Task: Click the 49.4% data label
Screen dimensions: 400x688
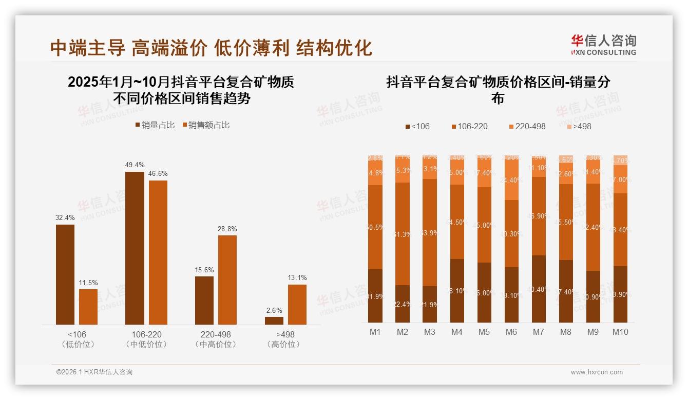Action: pos(135,165)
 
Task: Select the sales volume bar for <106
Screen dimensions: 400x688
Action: pos(65,274)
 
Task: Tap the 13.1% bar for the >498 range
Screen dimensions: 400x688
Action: pos(297,304)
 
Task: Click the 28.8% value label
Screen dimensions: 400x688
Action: pos(227,229)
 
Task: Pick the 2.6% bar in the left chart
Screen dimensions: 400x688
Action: pos(274,321)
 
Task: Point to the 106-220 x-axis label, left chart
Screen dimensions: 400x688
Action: pos(147,334)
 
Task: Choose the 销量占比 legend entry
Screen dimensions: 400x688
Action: pos(155,125)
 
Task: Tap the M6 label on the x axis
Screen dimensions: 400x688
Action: pos(511,332)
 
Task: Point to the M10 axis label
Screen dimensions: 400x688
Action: pos(620,332)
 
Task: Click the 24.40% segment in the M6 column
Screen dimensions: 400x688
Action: pos(511,181)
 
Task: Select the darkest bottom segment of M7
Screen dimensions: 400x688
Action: pos(539,289)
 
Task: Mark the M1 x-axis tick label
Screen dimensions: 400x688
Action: pos(375,332)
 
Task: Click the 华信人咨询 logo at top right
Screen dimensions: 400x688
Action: pos(603,45)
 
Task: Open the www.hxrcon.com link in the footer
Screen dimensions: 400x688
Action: pos(597,372)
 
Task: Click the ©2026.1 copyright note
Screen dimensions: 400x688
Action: pos(94,372)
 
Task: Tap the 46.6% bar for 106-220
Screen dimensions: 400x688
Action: pos(158,252)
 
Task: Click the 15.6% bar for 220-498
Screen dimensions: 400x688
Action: pos(204,301)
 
